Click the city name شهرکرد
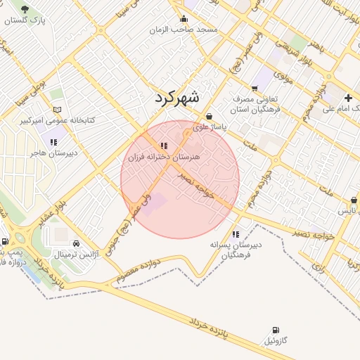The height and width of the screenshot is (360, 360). pos(177,98)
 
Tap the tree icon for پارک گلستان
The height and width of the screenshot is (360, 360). pos(25,10)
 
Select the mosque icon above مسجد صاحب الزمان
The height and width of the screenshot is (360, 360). pos(184,19)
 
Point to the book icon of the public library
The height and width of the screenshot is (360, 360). pos(58,110)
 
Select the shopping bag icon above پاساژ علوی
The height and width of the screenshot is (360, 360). pos(209,117)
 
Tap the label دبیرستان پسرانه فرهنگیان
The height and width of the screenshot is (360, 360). pos(236,250)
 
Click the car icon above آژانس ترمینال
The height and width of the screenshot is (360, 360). pos(76,243)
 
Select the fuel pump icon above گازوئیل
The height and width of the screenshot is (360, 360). pos(274,330)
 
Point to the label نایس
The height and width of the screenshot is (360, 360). pos(347,211)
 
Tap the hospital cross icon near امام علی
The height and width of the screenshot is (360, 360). pos(349,98)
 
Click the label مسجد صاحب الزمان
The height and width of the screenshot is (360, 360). pos(188,30)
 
